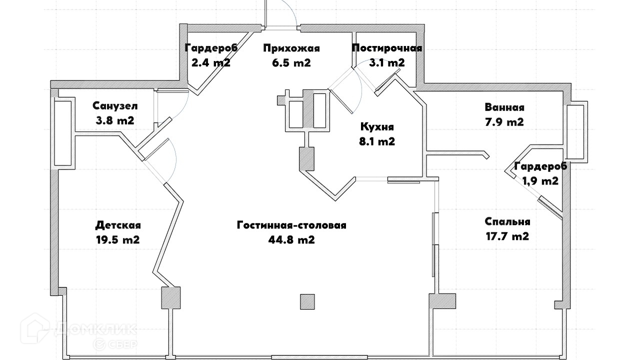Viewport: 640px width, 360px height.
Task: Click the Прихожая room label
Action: coord(291,48)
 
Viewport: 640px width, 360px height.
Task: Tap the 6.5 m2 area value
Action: coord(291,63)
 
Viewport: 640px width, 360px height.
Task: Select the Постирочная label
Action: coord(387,48)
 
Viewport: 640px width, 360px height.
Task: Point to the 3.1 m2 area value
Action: coord(387,63)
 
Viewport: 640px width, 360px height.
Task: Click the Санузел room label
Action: coord(115,106)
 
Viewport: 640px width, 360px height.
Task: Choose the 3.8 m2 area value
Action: coord(115,120)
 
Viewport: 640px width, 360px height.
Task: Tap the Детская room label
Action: coord(118,225)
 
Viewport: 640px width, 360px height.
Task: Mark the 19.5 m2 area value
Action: coord(118,240)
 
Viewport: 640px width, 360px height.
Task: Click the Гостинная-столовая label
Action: coord(291,225)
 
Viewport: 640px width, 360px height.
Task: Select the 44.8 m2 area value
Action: coord(291,240)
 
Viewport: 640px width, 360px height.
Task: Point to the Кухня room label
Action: coord(377,127)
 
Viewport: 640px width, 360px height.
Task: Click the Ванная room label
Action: coord(504,107)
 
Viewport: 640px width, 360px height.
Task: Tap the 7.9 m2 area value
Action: coord(504,122)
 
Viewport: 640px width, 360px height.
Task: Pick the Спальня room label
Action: coord(507,222)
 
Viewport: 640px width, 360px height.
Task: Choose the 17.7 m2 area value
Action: coord(507,236)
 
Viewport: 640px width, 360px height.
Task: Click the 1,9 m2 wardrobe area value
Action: coord(540,181)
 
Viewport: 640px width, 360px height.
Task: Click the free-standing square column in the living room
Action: coord(307,301)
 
